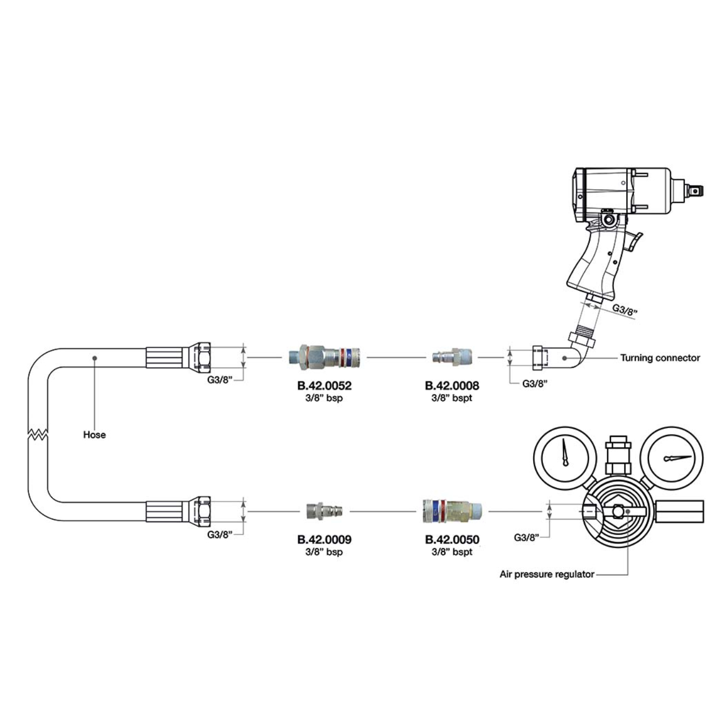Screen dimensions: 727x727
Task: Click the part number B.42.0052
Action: pos(324,386)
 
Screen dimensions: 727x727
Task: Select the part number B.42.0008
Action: pos(452,386)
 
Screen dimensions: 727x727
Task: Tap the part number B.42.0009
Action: pos(324,539)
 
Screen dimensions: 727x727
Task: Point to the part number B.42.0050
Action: pos(452,539)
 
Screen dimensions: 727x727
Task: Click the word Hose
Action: pos(94,435)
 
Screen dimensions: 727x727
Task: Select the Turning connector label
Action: pos(660,358)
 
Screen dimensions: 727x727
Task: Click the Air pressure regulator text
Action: pos(547,574)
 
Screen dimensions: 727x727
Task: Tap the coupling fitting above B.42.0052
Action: pos(325,356)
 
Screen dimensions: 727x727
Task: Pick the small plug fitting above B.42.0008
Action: pos(452,356)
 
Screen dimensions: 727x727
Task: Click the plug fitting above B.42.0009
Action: pos(324,511)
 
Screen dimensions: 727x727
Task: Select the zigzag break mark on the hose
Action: pos(38,434)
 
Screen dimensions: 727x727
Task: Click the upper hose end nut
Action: pos(200,356)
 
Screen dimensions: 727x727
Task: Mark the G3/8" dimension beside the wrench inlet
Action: pos(625,309)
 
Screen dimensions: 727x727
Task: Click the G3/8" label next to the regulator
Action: pos(526,537)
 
